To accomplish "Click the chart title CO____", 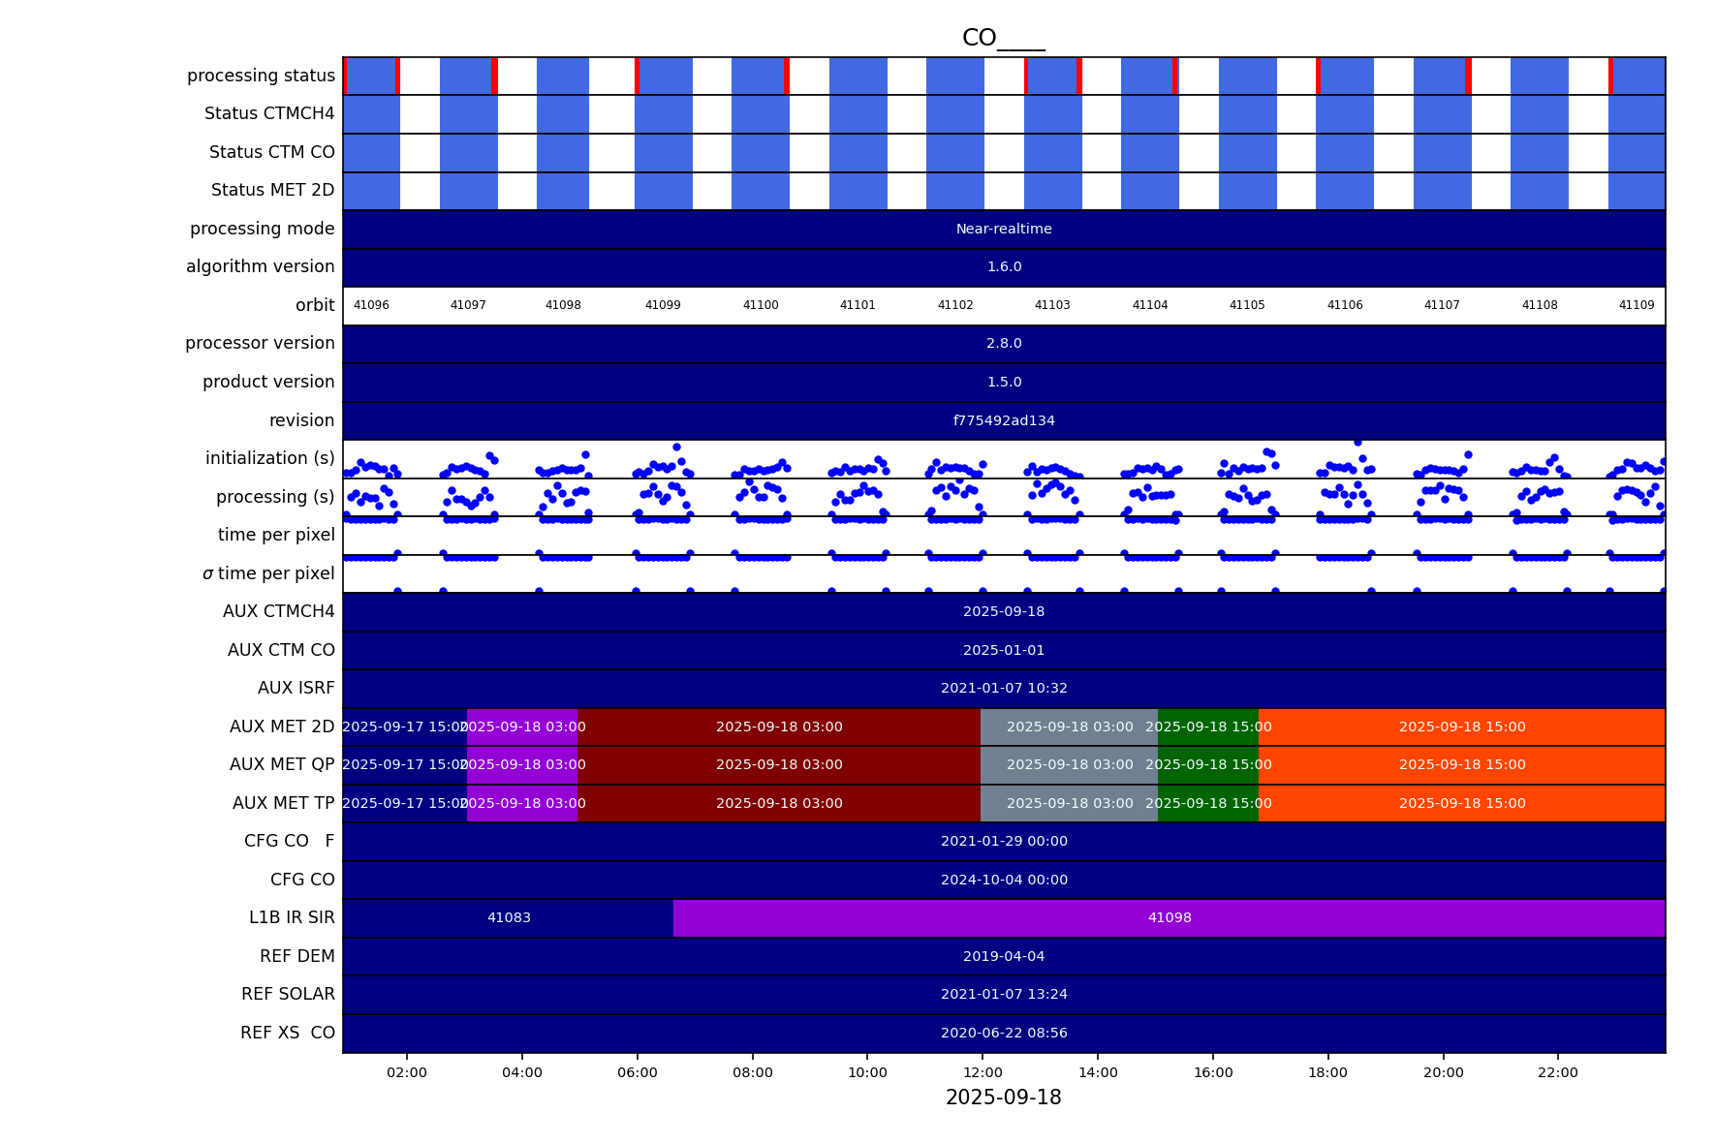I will [1003, 38].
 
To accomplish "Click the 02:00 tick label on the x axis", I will [407, 1072].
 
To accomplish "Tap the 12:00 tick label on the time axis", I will [983, 1072].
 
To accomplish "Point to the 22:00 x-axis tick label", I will [1557, 1072].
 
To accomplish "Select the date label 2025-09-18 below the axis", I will [1003, 1098].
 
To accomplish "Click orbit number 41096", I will [371, 305].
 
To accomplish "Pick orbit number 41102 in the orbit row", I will [955, 305].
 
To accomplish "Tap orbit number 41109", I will [1637, 305].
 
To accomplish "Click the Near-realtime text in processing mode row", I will [1004, 230].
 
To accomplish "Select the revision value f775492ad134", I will [1004, 420].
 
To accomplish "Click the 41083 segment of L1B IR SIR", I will [509, 918].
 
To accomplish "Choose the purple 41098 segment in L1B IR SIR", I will [1170, 918].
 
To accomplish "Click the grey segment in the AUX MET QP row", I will [1069, 765].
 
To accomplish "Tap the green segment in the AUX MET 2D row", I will [1208, 727].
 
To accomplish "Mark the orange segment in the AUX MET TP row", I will [1461, 804].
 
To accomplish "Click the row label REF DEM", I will [296, 957].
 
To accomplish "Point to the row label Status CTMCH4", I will [269, 114].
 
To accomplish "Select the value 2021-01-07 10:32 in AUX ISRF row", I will [1004, 689].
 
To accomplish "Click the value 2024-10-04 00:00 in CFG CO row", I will [1004, 881].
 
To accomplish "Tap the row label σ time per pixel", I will [268, 574].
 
